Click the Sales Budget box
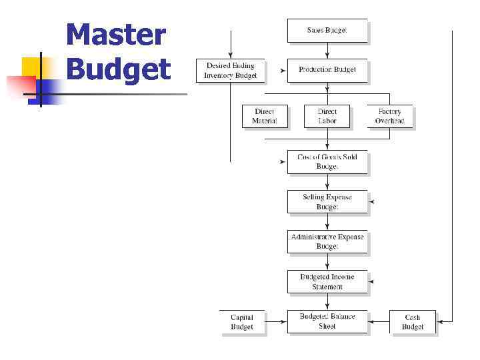327,31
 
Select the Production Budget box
327,70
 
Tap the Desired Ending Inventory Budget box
231,71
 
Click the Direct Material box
264,117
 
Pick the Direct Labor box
327,117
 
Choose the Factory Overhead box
390,117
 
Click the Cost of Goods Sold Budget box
327,162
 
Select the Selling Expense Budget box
327,202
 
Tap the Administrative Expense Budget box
327,241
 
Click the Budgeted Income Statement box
327,281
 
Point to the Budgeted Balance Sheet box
327,321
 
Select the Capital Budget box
242,322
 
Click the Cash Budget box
413,322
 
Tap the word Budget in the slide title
119,69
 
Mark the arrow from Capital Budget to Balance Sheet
276,322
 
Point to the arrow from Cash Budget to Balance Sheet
379,322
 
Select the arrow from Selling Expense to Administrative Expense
327,222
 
